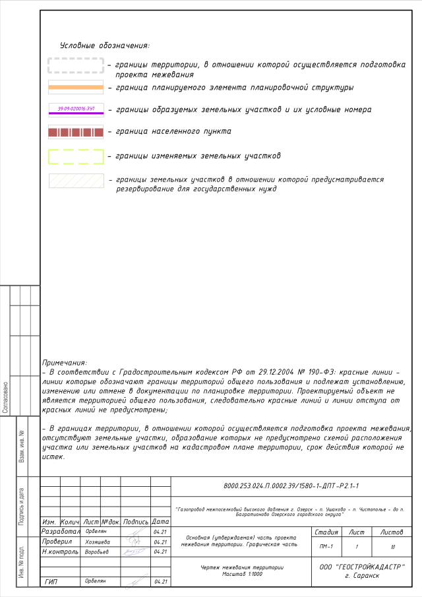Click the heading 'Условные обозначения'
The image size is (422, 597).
point(104,46)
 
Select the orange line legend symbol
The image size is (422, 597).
point(76,87)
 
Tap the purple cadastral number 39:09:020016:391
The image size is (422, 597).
point(76,108)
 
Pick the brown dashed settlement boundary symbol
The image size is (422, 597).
point(76,132)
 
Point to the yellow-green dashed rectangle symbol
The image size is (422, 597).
point(76,156)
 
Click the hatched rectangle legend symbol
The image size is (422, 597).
point(76,180)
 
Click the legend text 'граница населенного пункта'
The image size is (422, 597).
point(173,132)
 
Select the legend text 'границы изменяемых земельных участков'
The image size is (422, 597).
point(198,156)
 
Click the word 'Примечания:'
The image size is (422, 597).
point(64,363)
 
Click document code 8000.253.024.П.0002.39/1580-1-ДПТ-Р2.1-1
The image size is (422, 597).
point(291,486)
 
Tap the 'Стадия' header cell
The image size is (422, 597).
point(326,532)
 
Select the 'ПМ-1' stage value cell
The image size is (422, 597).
point(326,546)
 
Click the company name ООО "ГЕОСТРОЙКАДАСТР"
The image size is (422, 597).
point(362,567)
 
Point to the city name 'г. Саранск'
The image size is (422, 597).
point(362,576)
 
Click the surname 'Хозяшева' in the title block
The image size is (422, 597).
point(98,542)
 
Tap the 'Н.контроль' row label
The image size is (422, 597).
point(59,551)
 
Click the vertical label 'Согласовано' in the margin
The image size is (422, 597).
point(5,396)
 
